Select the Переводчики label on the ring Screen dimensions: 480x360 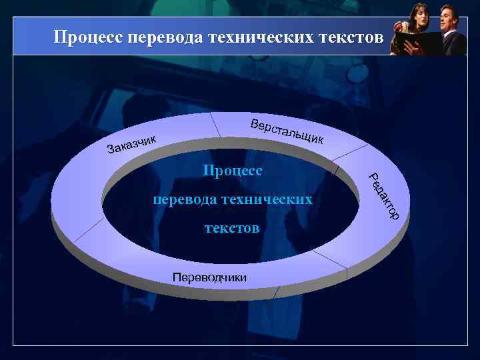coord(209,277)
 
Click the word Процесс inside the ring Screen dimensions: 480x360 coord(233,171)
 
